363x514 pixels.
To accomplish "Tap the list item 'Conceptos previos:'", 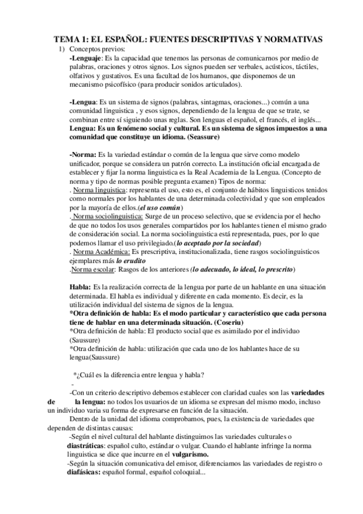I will click(x=98, y=48).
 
